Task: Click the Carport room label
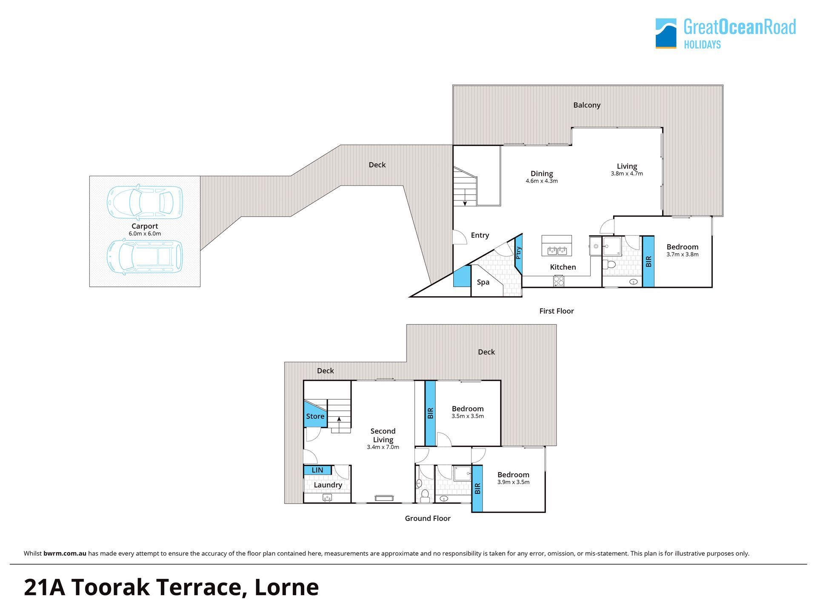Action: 145,226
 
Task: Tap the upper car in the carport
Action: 145,201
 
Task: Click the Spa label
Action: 483,282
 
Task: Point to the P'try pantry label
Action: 518,253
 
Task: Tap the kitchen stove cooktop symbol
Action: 559,281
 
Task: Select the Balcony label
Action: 587,105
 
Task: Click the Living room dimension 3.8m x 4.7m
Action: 627,174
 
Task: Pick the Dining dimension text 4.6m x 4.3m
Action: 542,181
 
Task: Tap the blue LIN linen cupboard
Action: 317,470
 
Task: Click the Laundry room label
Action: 328,485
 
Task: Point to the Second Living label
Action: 383,435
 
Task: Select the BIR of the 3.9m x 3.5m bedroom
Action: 477,489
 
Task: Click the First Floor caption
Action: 557,311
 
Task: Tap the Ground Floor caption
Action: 428,518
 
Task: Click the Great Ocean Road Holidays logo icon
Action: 666,33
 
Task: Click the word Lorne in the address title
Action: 287,587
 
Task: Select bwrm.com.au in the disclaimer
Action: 65,553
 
